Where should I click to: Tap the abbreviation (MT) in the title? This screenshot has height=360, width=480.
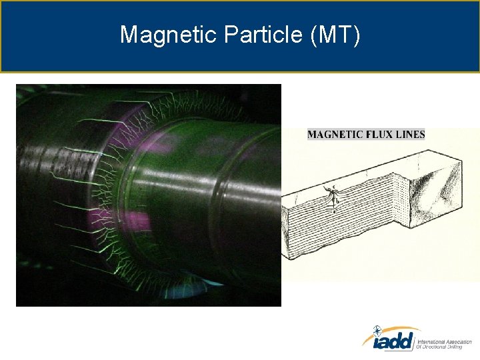point(335,35)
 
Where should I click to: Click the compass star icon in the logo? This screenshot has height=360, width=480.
point(377,330)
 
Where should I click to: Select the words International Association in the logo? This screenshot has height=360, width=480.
point(444,340)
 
